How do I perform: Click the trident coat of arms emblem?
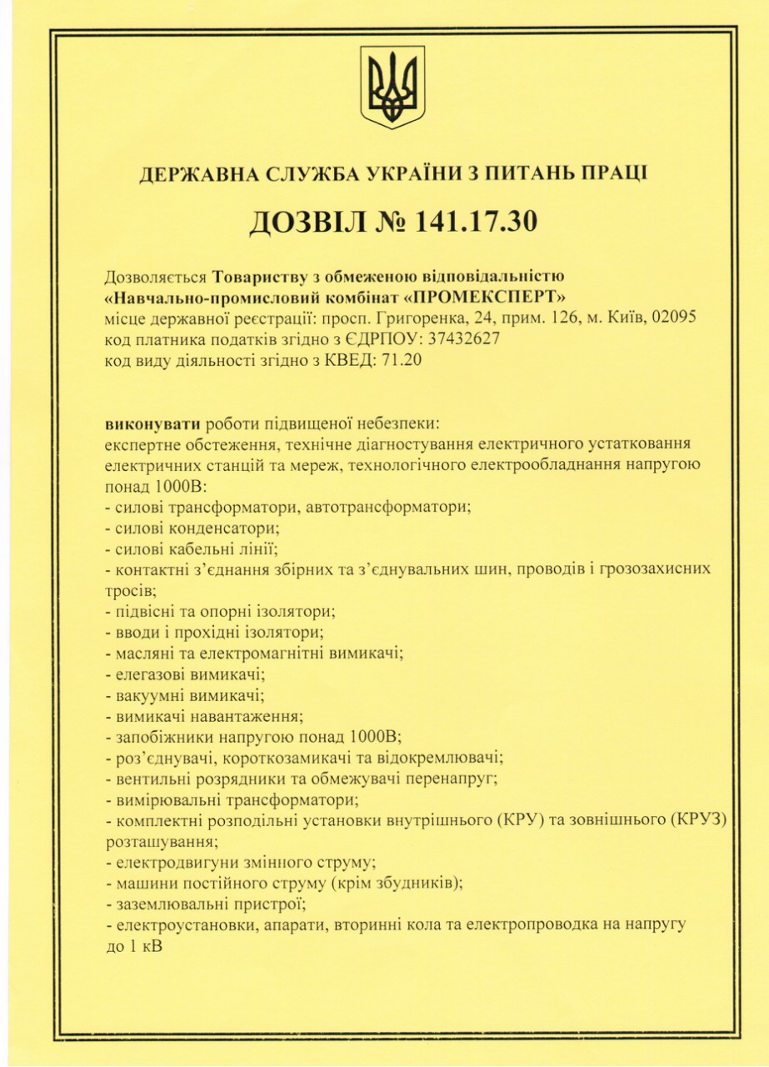(392, 87)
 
